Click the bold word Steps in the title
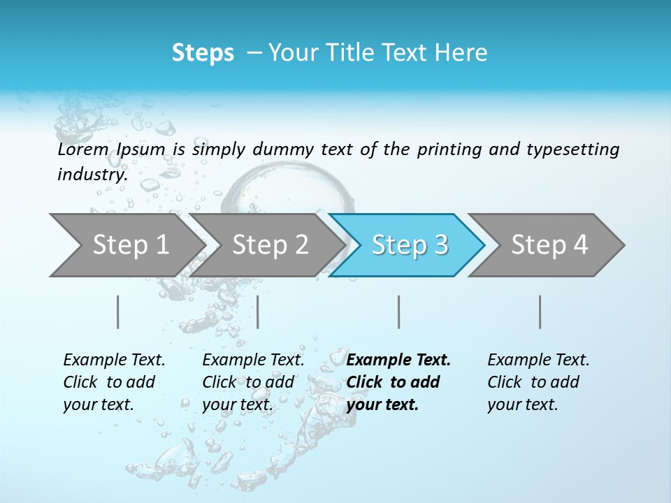pyautogui.click(x=203, y=53)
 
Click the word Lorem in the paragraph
pyautogui.click(x=83, y=150)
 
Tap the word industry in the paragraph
pyautogui.click(x=92, y=175)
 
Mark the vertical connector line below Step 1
pyautogui.click(x=118, y=312)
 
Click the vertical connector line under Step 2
pyautogui.click(x=258, y=312)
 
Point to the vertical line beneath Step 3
pyautogui.click(x=399, y=312)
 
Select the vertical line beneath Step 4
pyautogui.click(x=540, y=312)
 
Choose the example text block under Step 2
pyautogui.click(x=252, y=382)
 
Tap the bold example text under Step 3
pyautogui.click(x=398, y=382)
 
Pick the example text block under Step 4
pyautogui.click(x=537, y=382)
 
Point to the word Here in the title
pyautogui.click(x=461, y=53)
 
